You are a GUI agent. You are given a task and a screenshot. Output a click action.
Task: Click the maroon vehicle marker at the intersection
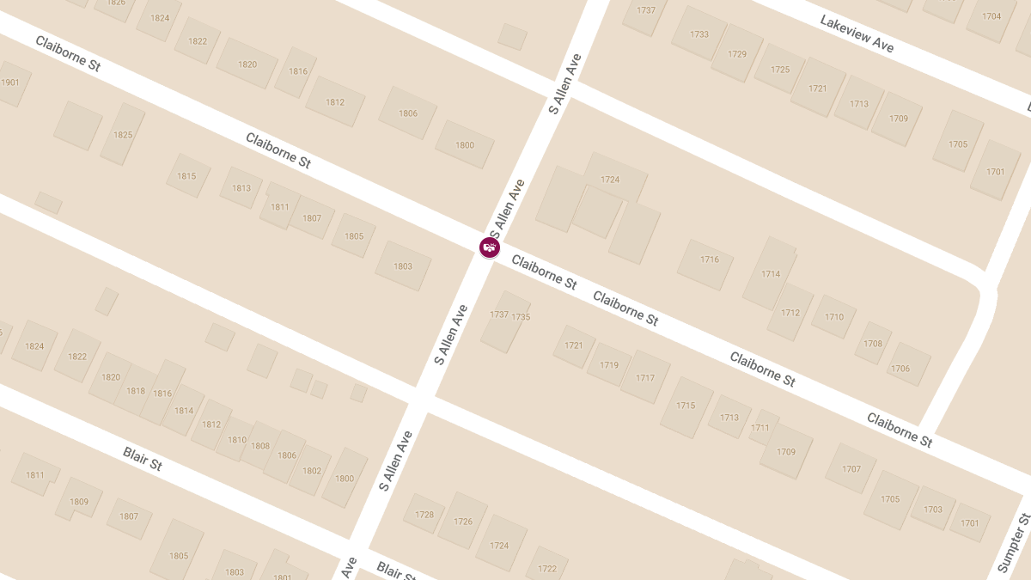coord(490,247)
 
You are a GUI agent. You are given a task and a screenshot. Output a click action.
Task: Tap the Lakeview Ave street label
coord(857,34)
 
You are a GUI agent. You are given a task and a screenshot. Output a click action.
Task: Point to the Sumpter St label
coord(1015,542)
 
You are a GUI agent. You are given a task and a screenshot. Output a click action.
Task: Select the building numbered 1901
coord(10,82)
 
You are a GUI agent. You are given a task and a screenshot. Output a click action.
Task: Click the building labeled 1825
coord(123,134)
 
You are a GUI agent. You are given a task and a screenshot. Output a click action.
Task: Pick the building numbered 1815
coord(187,176)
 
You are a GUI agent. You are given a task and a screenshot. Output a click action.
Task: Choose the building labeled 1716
coord(709,259)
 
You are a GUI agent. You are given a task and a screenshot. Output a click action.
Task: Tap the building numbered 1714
coord(771,274)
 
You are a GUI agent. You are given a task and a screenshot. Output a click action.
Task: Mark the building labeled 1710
coord(834,317)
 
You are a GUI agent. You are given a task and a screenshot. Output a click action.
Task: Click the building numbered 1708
coord(873,344)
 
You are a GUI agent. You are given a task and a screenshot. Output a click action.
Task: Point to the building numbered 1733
coord(699,34)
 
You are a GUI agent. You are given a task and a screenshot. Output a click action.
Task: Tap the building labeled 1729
coord(737,54)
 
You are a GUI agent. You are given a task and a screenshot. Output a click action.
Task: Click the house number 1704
coord(991,16)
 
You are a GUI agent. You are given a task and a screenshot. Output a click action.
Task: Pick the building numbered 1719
coord(609,365)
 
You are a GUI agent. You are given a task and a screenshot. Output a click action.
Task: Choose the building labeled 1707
coord(851,469)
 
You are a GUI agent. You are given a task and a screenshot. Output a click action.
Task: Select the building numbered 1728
coord(424,515)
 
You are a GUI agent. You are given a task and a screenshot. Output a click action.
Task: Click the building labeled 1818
coord(136,391)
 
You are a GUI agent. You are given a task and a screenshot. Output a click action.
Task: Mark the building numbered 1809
coord(79,502)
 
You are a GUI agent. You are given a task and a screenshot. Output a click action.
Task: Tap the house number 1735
coord(521,317)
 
